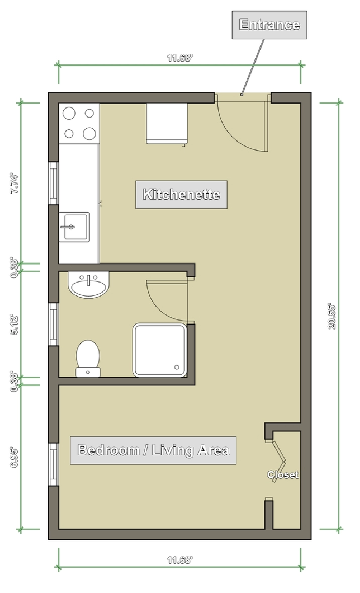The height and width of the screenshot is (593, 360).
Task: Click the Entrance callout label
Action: pyautogui.click(x=269, y=25)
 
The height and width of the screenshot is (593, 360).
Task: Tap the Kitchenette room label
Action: pyautogui.click(x=182, y=194)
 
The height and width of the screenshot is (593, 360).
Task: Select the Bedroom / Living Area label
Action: pyautogui.click(x=153, y=450)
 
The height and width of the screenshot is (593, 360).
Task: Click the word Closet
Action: pyautogui.click(x=283, y=475)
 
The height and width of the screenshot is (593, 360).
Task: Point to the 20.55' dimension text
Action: pyautogui.click(x=332, y=316)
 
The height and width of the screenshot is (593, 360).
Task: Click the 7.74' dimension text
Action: pyautogui.click(x=15, y=184)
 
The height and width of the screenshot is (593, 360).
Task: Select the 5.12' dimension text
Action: pyautogui.click(x=15, y=324)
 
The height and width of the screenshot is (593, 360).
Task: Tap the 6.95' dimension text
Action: pyautogui.click(x=15, y=458)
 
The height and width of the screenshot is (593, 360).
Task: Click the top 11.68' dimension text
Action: pyautogui.click(x=180, y=58)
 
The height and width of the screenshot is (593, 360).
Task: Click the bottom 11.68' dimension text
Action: pyautogui.click(x=180, y=560)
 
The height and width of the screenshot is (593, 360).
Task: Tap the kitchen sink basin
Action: pyautogui.click(x=74, y=227)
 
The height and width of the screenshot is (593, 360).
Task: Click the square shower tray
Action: pyautogui.click(x=159, y=350)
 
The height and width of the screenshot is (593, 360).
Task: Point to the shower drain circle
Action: pyautogui.click(x=176, y=367)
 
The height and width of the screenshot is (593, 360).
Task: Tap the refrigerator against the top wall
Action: pyautogui.click(x=167, y=124)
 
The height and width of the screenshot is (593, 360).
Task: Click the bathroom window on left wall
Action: pyautogui.click(x=54, y=324)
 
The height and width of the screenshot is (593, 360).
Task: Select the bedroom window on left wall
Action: pyautogui.click(x=54, y=465)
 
